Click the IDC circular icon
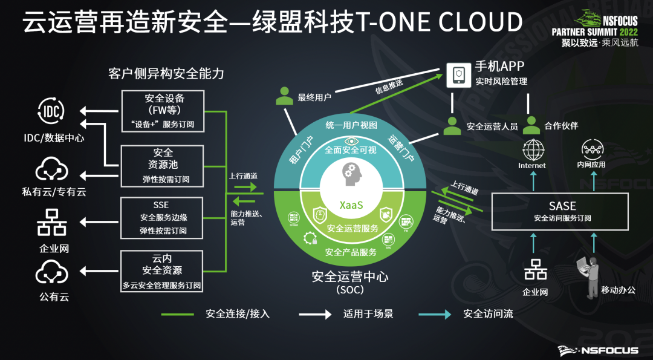click(x=51, y=111)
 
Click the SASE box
click(x=562, y=212)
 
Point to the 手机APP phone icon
click(x=458, y=74)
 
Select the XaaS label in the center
click(x=351, y=205)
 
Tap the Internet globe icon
click(x=533, y=149)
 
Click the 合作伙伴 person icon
click(x=531, y=125)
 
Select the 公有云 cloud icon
click(x=51, y=275)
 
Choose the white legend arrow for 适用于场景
click(x=315, y=314)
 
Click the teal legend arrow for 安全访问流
click(x=435, y=314)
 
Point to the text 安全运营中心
click(x=350, y=277)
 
